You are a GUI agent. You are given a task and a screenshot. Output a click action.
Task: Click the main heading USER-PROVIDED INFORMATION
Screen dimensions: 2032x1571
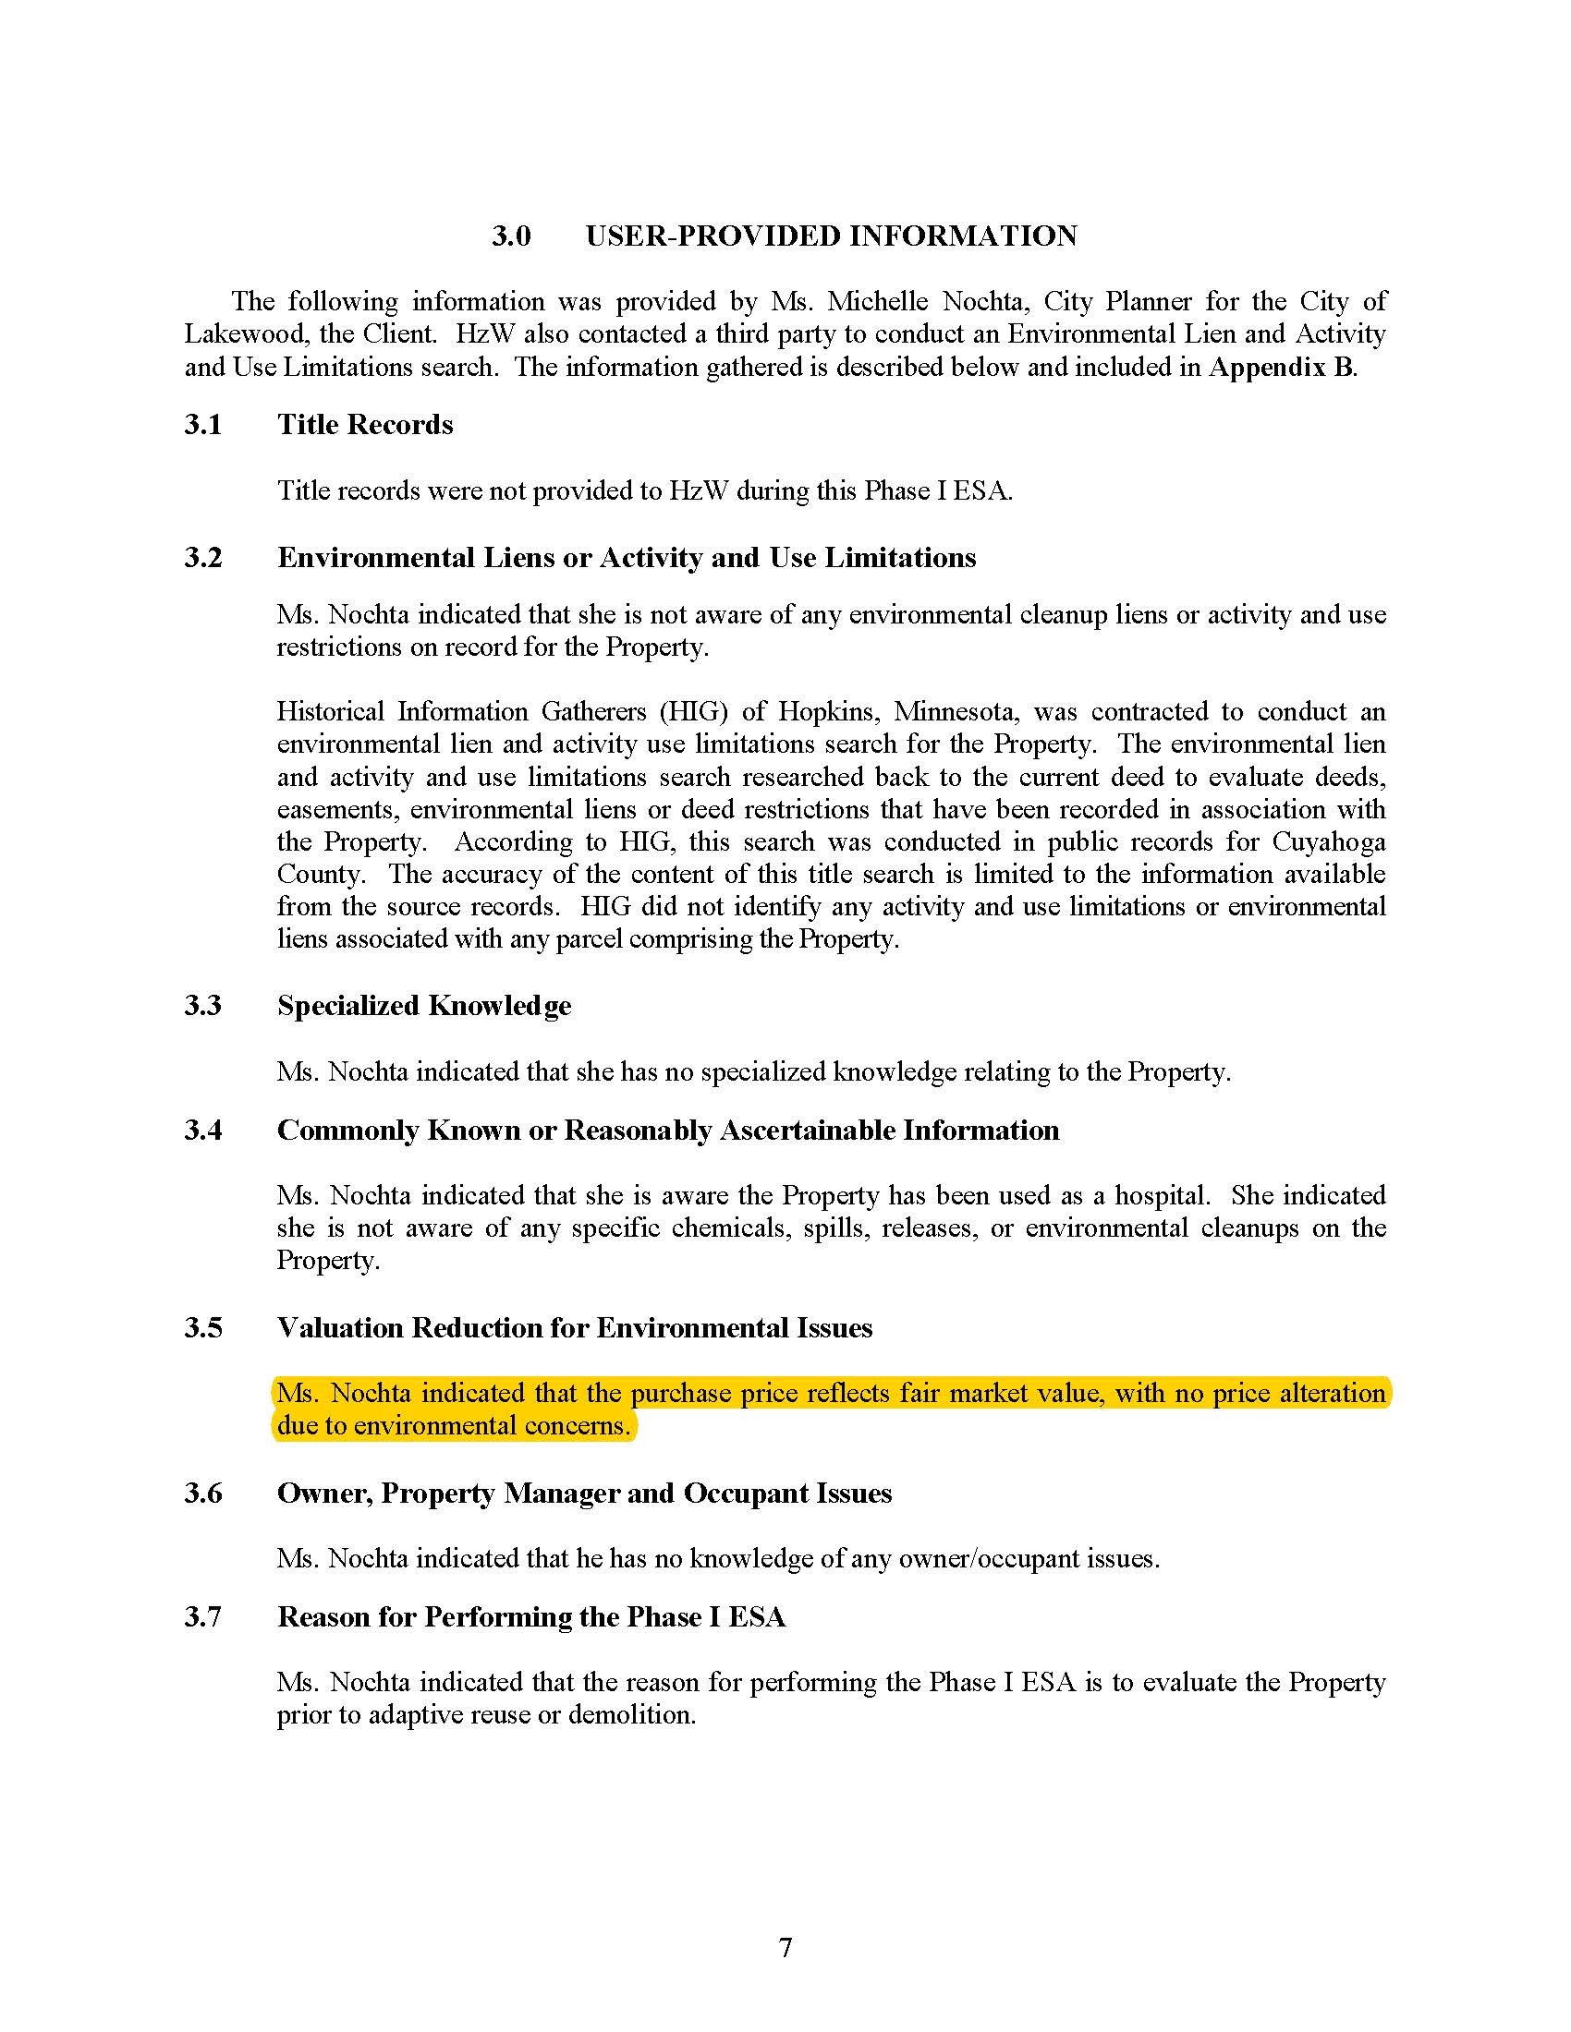[x=831, y=236]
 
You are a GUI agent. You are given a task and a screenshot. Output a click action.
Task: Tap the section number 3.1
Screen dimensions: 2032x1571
[x=203, y=424]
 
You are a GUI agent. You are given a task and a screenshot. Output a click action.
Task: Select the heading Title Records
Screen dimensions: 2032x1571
[x=365, y=424]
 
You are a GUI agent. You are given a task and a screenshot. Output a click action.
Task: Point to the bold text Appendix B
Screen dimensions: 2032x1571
[x=1281, y=367]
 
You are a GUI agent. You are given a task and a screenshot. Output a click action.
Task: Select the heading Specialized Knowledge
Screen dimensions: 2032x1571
[x=424, y=1006]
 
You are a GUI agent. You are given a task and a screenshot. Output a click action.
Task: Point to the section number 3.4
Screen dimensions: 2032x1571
[x=203, y=1130]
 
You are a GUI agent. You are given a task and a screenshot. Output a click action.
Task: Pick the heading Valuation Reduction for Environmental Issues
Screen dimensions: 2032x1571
[x=574, y=1327]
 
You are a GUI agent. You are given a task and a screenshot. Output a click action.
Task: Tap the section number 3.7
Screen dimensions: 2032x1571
[x=203, y=1616]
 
